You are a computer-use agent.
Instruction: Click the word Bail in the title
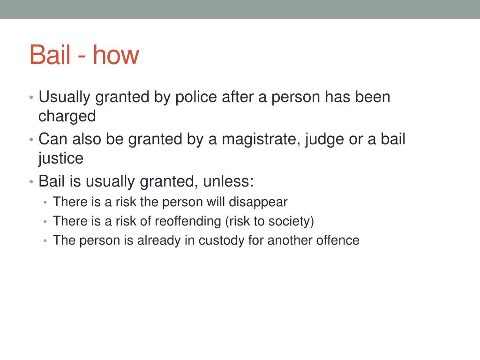tap(50, 55)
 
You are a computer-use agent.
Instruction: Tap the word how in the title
tap(116, 55)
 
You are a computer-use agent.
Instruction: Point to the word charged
tap(67, 117)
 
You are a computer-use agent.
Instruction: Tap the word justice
tap(60, 158)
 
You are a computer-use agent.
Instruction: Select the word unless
tap(228, 181)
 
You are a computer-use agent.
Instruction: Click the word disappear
tap(258, 202)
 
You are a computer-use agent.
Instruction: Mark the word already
tap(158, 240)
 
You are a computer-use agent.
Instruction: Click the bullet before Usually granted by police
tap(31, 97)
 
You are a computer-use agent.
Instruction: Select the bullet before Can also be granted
tap(31, 140)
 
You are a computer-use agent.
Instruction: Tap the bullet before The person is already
tap(45, 240)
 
